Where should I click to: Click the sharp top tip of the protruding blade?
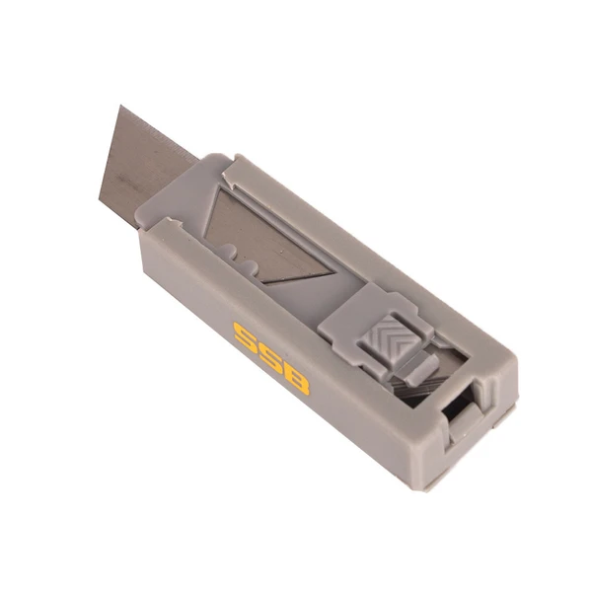(120, 106)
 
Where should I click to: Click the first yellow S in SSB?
(246, 335)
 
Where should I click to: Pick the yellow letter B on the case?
(296, 380)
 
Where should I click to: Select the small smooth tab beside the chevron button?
(418, 368)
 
